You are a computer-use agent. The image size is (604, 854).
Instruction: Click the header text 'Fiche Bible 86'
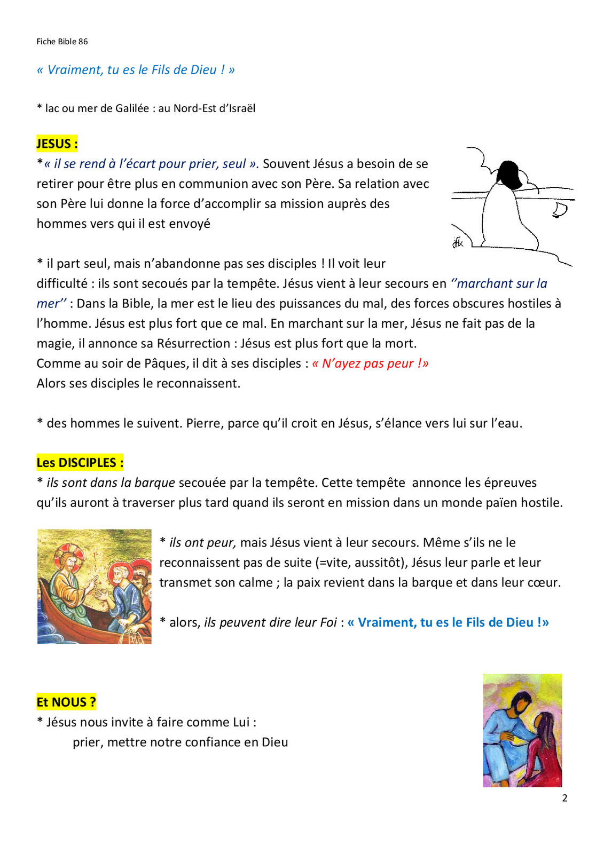(62, 42)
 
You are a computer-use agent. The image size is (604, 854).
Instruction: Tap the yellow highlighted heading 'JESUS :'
(57, 144)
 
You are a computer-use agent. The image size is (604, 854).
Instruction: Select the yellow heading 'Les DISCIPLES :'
(80, 462)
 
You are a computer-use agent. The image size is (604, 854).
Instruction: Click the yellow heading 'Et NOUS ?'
(66, 702)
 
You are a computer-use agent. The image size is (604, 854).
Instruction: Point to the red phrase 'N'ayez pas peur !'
(370, 363)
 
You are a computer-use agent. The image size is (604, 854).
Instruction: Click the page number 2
(564, 798)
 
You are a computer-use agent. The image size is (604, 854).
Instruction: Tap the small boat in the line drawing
(560, 210)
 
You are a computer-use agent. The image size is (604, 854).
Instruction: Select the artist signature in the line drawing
(458, 243)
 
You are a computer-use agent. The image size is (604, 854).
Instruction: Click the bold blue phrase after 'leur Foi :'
(448, 622)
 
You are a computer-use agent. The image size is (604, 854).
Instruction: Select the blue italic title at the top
(136, 70)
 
